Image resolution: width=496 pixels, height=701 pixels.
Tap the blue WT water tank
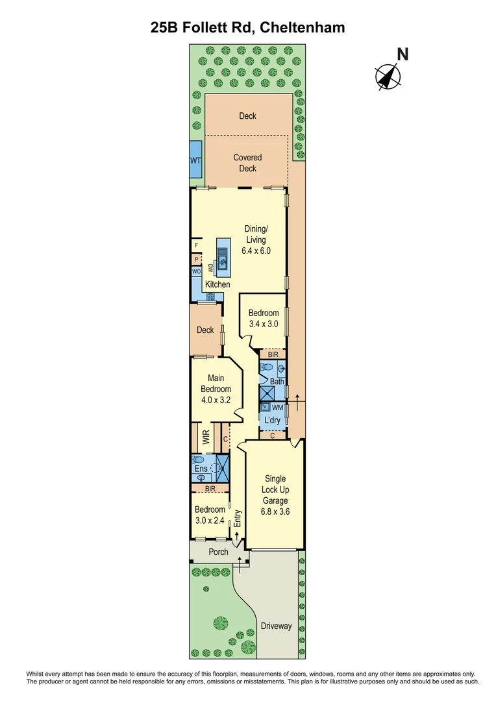(x=195, y=160)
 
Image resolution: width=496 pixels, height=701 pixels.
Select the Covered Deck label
(x=247, y=163)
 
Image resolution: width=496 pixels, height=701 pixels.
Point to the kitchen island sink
(x=222, y=262)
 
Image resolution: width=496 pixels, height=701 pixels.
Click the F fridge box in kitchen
(x=195, y=245)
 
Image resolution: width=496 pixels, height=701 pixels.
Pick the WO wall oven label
(x=195, y=272)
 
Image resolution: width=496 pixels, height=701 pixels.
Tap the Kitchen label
(x=217, y=284)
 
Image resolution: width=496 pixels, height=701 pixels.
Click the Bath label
(x=277, y=382)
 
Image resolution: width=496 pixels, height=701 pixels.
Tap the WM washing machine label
(x=277, y=408)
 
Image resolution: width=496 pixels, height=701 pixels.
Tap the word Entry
(x=238, y=518)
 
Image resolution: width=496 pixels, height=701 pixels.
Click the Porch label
(x=218, y=552)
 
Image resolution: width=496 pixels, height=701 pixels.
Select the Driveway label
(x=276, y=626)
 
